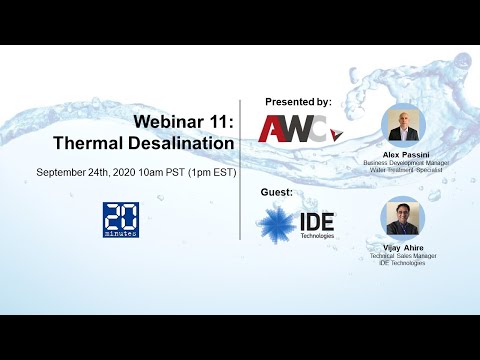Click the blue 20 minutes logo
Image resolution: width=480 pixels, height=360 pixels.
point(121,220)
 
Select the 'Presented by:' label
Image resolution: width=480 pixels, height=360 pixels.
point(297,102)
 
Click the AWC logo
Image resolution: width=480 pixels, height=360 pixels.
point(290,128)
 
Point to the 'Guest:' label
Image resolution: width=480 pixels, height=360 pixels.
point(280,192)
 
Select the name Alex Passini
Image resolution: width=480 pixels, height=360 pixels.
point(404,155)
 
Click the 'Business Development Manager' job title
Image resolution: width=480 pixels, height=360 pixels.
point(404,163)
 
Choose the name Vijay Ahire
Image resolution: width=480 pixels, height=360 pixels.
point(404,247)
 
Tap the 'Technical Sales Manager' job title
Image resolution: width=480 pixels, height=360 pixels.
point(404,255)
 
